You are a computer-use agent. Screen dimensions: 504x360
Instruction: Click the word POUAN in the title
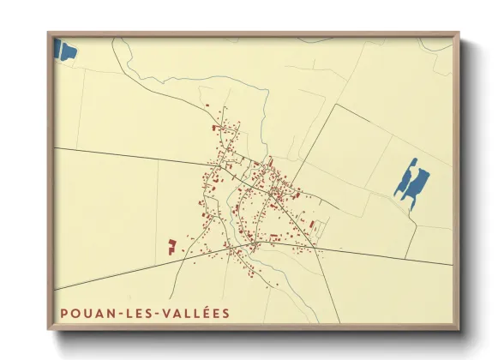click(85, 313)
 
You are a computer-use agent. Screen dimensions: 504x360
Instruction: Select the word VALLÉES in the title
click(195, 313)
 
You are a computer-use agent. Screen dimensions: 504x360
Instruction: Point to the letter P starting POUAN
click(63, 313)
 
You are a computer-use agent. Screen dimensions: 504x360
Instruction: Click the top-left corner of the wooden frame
click(49, 33)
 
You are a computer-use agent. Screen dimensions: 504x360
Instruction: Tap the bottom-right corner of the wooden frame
click(458, 327)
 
